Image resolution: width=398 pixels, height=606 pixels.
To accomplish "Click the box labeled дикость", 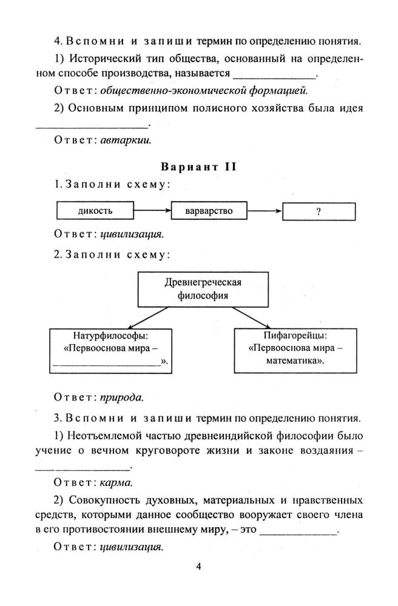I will [x=95, y=211].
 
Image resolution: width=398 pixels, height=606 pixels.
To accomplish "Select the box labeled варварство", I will [x=209, y=211].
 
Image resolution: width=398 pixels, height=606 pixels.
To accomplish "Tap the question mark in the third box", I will [x=319, y=211].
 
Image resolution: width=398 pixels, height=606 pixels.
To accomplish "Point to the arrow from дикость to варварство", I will [x=152, y=211].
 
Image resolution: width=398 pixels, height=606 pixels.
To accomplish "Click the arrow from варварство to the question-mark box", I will [x=265, y=211].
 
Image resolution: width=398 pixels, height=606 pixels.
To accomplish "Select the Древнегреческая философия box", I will [x=203, y=289].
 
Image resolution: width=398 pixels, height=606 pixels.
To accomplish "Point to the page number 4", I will [x=198, y=567].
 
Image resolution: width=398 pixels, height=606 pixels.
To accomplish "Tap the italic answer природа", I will [x=121, y=398].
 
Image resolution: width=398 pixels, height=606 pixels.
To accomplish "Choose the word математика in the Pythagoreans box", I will [x=293, y=361].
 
